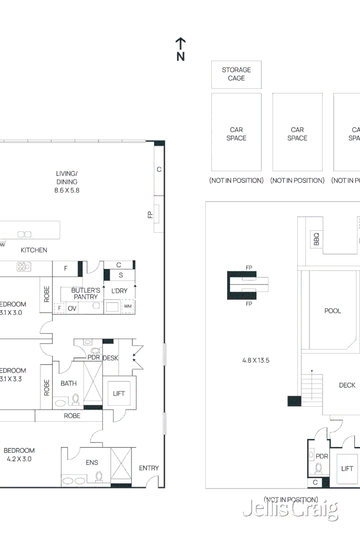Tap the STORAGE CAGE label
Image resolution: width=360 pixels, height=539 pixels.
tap(236, 74)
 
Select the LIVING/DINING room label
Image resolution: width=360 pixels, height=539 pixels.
tap(67, 178)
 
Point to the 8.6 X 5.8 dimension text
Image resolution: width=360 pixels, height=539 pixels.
tap(67, 190)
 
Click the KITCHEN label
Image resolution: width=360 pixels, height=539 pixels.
tap(34, 250)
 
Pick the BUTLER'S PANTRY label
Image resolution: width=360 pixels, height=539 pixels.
tap(85, 293)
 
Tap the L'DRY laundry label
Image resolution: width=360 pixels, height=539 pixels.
tap(119, 291)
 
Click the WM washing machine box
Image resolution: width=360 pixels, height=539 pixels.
tap(127, 307)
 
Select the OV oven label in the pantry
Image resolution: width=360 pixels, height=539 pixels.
tap(72, 308)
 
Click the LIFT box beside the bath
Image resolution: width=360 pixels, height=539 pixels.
tap(118, 394)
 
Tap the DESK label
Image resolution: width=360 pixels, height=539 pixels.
tap(110, 358)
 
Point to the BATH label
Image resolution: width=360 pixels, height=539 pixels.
tap(69, 383)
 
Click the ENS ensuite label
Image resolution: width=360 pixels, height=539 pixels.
tap(92, 462)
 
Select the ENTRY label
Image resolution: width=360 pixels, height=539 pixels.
tap(149, 468)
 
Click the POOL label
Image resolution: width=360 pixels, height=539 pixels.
tap(333, 311)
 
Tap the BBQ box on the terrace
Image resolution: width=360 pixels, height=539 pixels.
tap(317, 238)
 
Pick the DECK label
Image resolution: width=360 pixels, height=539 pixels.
tap(347, 385)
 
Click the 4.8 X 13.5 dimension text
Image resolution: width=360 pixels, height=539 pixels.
tap(256, 360)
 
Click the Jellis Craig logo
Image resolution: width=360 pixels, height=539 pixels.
tap(290, 509)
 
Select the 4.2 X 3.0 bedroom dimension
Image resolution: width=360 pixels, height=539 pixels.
tap(19, 459)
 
